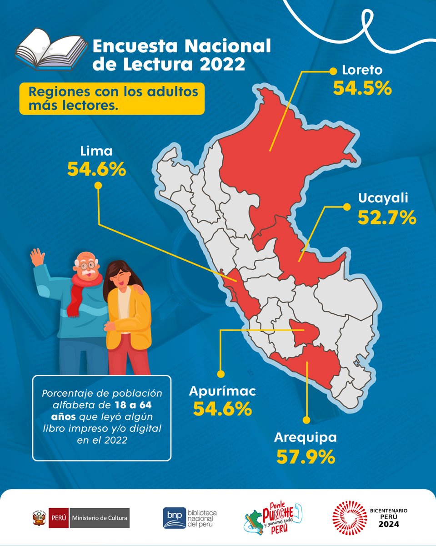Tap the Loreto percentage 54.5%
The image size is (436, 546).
[x=362, y=88]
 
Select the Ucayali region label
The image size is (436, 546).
[x=383, y=198]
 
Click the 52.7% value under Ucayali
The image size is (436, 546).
[x=386, y=217]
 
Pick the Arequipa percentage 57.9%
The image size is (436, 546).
[x=306, y=456]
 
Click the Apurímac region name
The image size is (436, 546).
[x=222, y=391]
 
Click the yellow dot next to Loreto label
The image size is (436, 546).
[x=333, y=71]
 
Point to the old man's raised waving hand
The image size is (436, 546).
[x=37, y=258]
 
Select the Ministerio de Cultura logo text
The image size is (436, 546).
[x=100, y=518]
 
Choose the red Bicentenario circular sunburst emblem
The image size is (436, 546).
[x=349, y=518]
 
